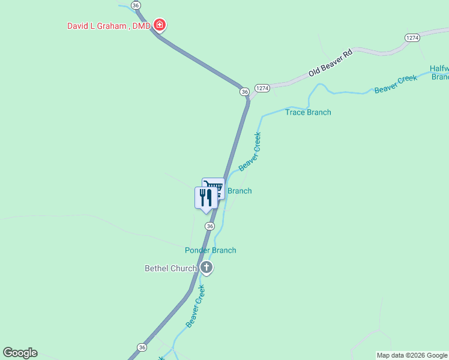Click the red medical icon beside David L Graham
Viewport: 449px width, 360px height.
pos(160,25)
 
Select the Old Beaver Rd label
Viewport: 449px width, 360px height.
pos(330,63)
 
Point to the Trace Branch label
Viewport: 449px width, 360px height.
pos(308,112)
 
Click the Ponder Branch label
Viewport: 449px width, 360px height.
pos(210,250)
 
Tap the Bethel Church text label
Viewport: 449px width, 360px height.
pos(170,268)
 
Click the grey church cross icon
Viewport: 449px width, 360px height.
pos(206,268)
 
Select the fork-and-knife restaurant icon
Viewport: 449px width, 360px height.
pos(206,197)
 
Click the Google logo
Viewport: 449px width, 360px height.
pos(20,353)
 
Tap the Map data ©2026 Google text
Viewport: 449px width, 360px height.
pos(412,355)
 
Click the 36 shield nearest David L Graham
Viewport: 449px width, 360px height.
pos(136,5)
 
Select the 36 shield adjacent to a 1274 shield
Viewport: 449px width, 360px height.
pos(244,91)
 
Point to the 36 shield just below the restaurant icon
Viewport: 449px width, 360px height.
pos(209,226)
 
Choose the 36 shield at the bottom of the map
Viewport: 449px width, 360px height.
pos(142,347)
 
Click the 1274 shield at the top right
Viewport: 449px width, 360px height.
pos(412,37)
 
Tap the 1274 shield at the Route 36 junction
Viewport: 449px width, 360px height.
pos(262,88)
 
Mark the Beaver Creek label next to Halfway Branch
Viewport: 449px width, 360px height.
pos(396,84)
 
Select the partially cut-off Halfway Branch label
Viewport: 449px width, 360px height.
pos(439,73)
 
